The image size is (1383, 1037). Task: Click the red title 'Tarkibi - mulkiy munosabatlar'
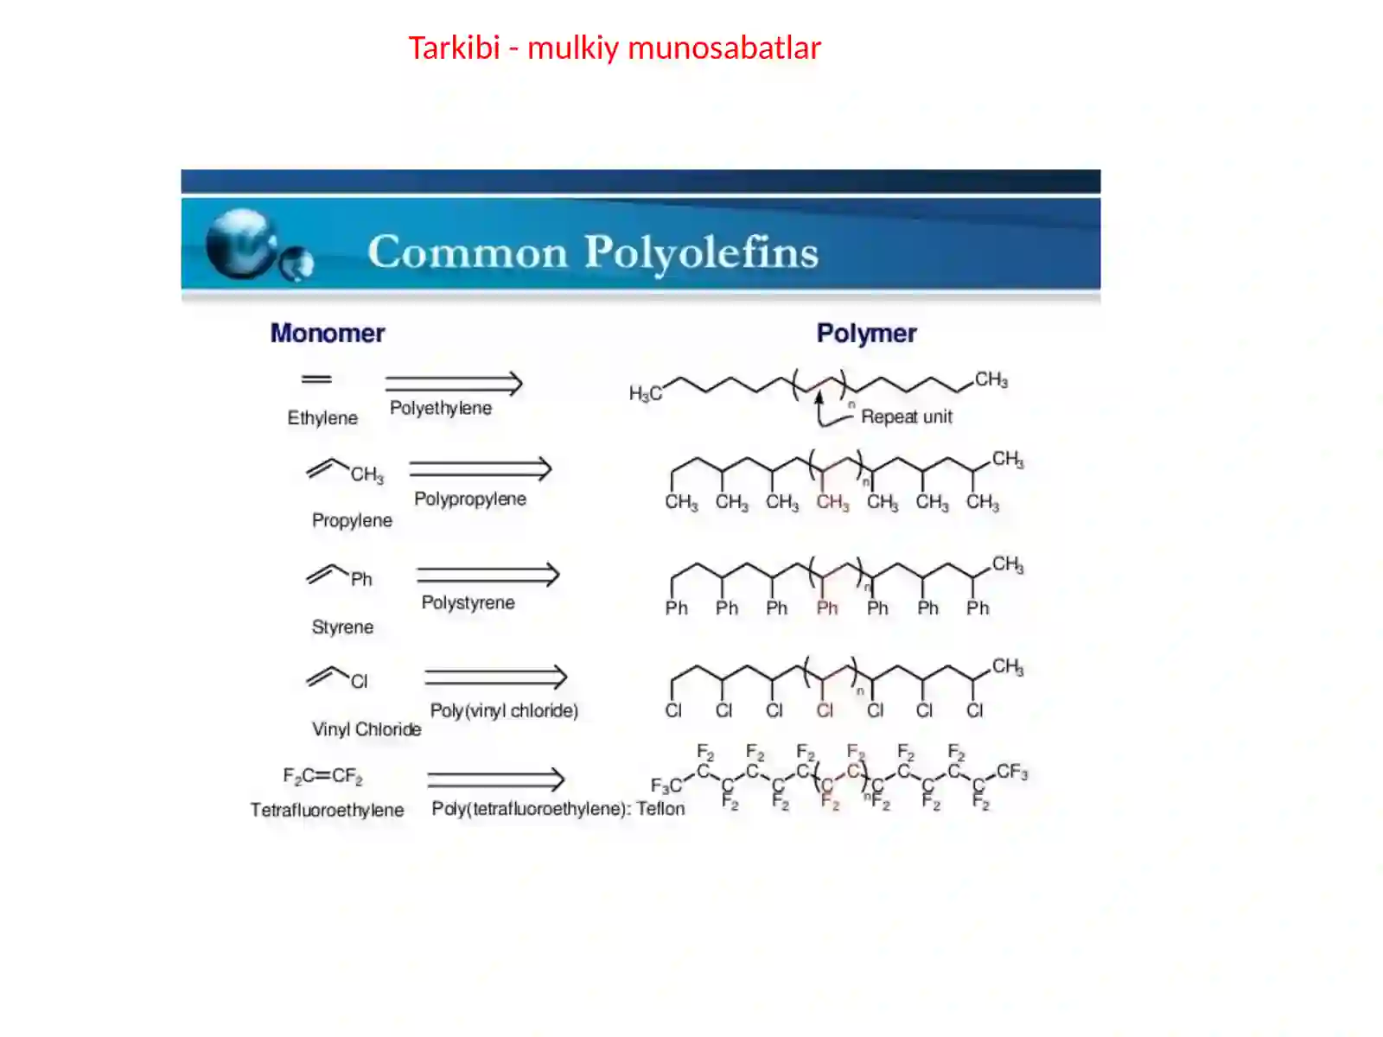click(x=615, y=48)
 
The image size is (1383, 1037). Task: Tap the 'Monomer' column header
click(x=327, y=333)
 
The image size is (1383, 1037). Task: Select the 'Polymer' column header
click(x=866, y=334)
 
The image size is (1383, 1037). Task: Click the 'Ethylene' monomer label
click(x=322, y=417)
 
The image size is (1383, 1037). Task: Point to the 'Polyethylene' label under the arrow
click(x=441, y=408)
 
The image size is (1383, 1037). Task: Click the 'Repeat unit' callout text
click(x=906, y=417)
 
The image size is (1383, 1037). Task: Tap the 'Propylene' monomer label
click(x=352, y=520)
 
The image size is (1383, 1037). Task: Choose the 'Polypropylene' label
click(x=469, y=499)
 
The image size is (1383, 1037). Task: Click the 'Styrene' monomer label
click(x=342, y=627)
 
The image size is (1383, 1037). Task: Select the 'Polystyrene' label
click(x=468, y=602)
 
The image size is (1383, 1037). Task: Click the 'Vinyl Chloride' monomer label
click(x=366, y=729)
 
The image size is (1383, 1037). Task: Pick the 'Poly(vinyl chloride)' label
click(x=503, y=710)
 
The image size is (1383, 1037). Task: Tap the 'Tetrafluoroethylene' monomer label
click(x=327, y=810)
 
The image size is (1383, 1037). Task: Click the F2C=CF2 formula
click(x=322, y=776)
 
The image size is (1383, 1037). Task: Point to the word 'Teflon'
click(x=660, y=809)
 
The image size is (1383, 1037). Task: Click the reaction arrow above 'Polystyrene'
click(x=488, y=574)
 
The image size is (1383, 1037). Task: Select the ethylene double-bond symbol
click(x=316, y=379)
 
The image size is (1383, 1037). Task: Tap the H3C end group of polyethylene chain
click(x=645, y=394)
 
